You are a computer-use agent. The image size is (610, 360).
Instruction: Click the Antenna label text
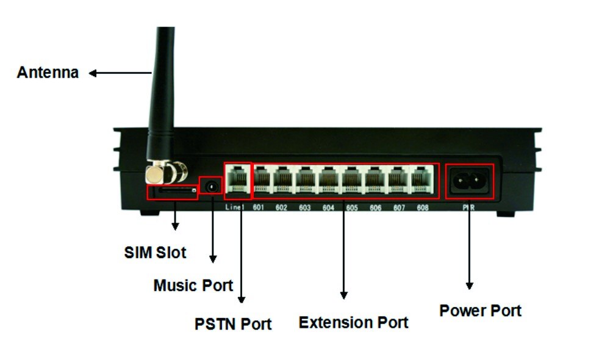coord(48,73)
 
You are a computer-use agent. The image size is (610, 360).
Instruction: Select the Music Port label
coord(193,285)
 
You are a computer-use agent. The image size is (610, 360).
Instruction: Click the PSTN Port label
coord(233,323)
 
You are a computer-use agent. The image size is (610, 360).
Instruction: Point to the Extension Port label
coord(353,322)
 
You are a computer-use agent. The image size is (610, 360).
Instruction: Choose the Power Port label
coord(480,310)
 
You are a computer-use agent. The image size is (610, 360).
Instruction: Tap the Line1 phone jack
coord(238,180)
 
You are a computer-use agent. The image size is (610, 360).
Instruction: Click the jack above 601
coord(262,180)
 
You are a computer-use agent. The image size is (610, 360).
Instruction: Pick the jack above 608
coord(420,180)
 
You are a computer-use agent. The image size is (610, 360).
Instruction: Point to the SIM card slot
coord(173,192)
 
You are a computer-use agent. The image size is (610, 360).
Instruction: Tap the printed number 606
coord(375,208)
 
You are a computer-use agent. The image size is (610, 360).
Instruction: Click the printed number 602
coord(281,208)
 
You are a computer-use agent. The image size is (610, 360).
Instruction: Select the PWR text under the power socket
coord(468,208)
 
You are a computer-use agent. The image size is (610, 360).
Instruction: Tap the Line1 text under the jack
coord(234,208)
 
